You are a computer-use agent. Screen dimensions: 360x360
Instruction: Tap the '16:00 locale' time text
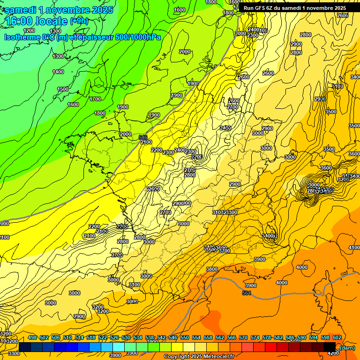37,21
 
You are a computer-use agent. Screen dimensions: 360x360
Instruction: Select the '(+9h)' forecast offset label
79,21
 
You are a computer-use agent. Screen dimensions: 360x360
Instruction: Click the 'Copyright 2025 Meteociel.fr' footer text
198,357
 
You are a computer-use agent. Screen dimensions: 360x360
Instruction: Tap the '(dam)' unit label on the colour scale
347,347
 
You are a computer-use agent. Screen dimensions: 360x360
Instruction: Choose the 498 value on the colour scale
32,337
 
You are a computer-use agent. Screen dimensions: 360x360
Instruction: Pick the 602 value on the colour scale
337,337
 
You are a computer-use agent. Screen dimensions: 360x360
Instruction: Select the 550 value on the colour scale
185,337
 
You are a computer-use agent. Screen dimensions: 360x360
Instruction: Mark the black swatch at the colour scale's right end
330,347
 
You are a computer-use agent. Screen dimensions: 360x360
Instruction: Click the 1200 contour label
29,30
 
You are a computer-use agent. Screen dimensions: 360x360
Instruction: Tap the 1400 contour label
58,72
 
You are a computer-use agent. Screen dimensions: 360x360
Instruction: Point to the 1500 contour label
63,89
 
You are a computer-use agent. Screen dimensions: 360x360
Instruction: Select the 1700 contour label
95,99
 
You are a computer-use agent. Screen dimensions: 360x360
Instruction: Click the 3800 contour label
212,269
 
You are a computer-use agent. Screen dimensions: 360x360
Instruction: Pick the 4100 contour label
354,247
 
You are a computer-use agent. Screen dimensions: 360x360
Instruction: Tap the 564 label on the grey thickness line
247,293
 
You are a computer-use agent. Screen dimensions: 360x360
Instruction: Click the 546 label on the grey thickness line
143,137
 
